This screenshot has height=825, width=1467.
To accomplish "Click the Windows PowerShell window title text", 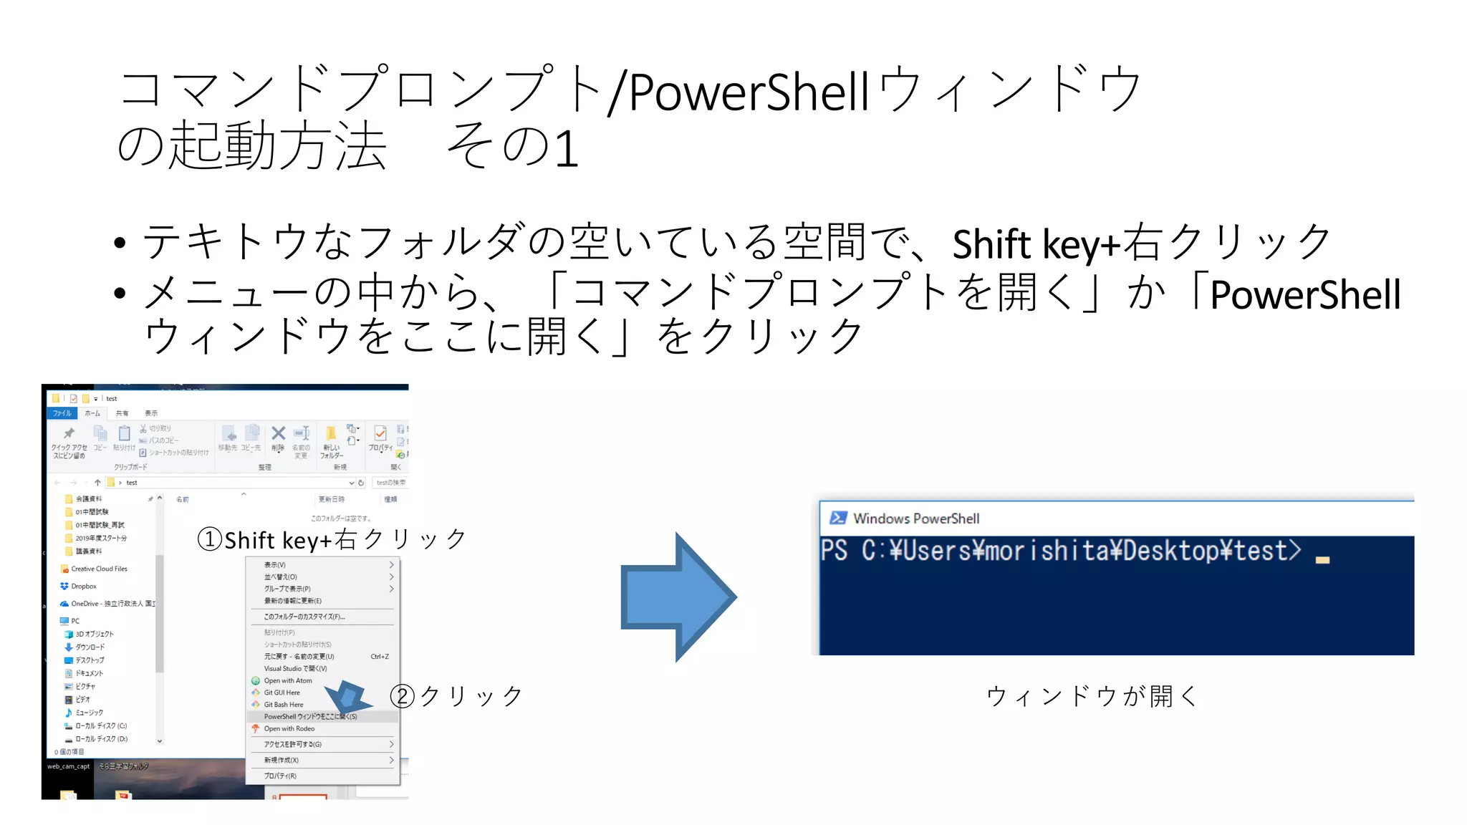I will click(916, 518).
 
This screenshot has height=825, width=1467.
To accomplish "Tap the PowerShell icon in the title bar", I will click(838, 518).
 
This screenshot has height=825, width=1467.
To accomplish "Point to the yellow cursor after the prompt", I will click(1322, 560).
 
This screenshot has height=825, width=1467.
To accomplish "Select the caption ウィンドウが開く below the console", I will click(1092, 695).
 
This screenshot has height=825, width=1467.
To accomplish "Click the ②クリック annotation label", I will click(456, 695).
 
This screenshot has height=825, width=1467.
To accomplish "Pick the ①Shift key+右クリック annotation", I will click(332, 539).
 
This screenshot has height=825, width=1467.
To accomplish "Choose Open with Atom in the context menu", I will click(288, 680).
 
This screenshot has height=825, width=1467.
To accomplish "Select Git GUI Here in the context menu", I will click(282, 693).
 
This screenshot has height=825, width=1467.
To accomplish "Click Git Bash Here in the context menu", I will click(284, 705).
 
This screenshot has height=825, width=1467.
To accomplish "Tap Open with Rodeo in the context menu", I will click(289, 729).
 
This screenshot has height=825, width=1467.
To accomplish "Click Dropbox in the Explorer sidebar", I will click(84, 587).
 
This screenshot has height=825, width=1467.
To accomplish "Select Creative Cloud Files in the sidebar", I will click(99, 569).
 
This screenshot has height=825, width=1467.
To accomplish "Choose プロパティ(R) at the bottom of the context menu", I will click(280, 776).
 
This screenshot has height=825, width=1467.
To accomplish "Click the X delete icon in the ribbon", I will click(278, 433).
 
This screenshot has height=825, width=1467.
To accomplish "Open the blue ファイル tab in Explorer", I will click(62, 413).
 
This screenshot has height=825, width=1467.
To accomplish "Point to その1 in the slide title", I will click(511, 146).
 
